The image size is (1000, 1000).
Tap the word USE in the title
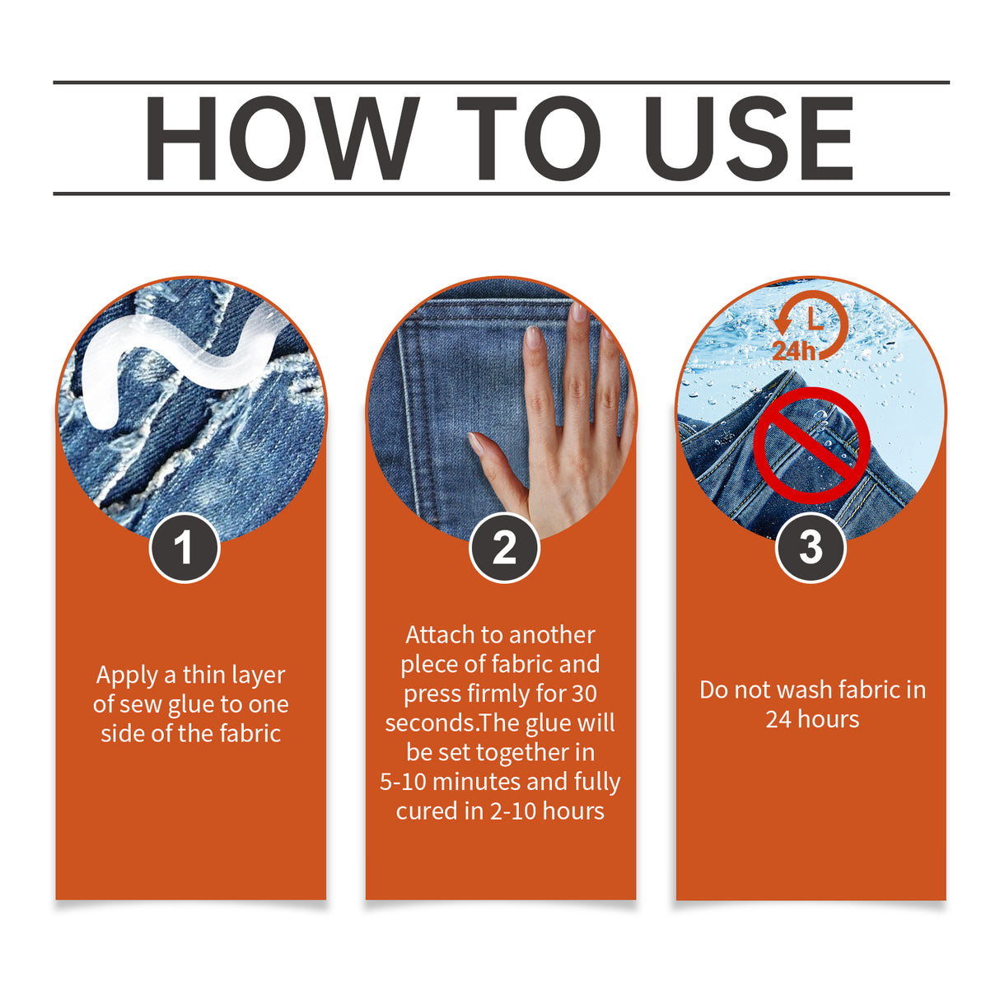click(x=748, y=138)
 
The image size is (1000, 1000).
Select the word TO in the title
click(x=528, y=138)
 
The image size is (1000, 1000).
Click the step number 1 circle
click(x=185, y=548)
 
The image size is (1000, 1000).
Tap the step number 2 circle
click(x=504, y=548)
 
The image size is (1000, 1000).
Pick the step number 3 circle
click(x=811, y=548)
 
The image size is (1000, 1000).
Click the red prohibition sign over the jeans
click(x=811, y=446)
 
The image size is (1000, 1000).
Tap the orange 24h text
click(x=792, y=351)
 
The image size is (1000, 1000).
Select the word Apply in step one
click(x=127, y=675)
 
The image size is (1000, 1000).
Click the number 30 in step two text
click(x=584, y=694)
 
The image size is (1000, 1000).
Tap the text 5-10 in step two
click(x=403, y=783)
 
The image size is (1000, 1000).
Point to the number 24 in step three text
click(x=778, y=720)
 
